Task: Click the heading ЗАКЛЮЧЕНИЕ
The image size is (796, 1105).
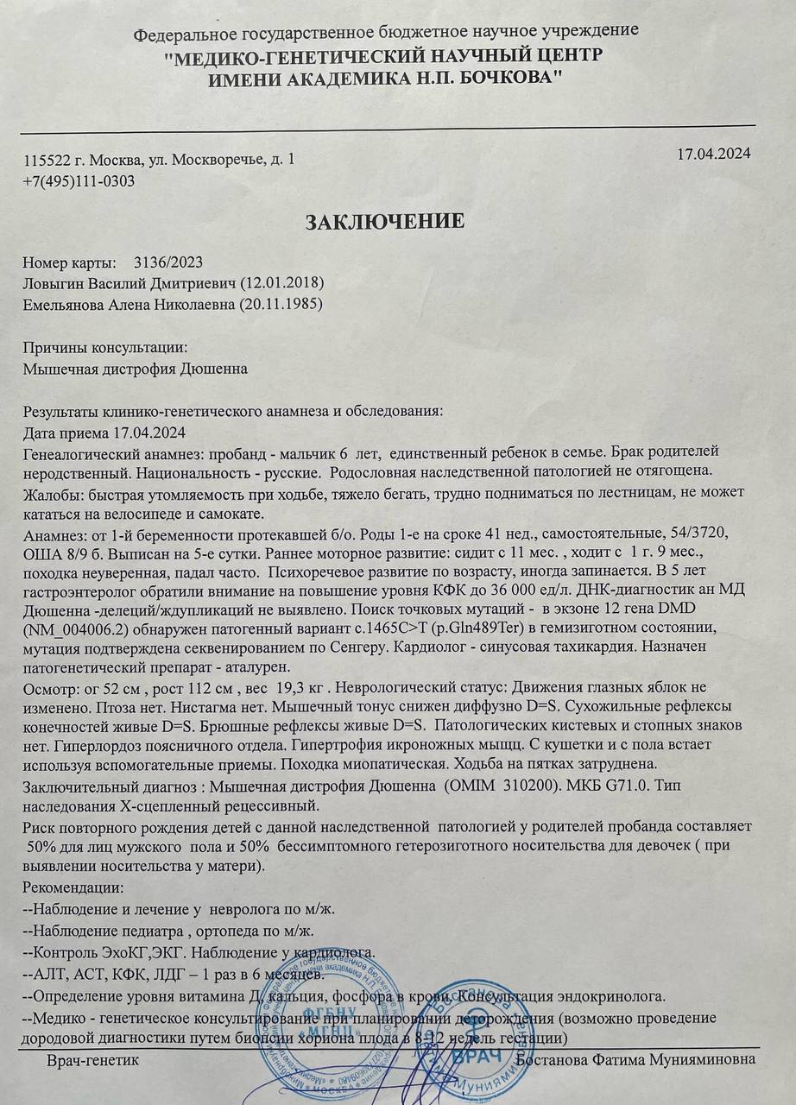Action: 385,221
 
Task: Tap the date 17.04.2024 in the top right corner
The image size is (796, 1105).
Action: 714,155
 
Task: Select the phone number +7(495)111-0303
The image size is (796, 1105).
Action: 79,181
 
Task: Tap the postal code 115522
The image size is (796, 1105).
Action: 47,161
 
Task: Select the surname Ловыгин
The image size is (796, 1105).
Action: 54,283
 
